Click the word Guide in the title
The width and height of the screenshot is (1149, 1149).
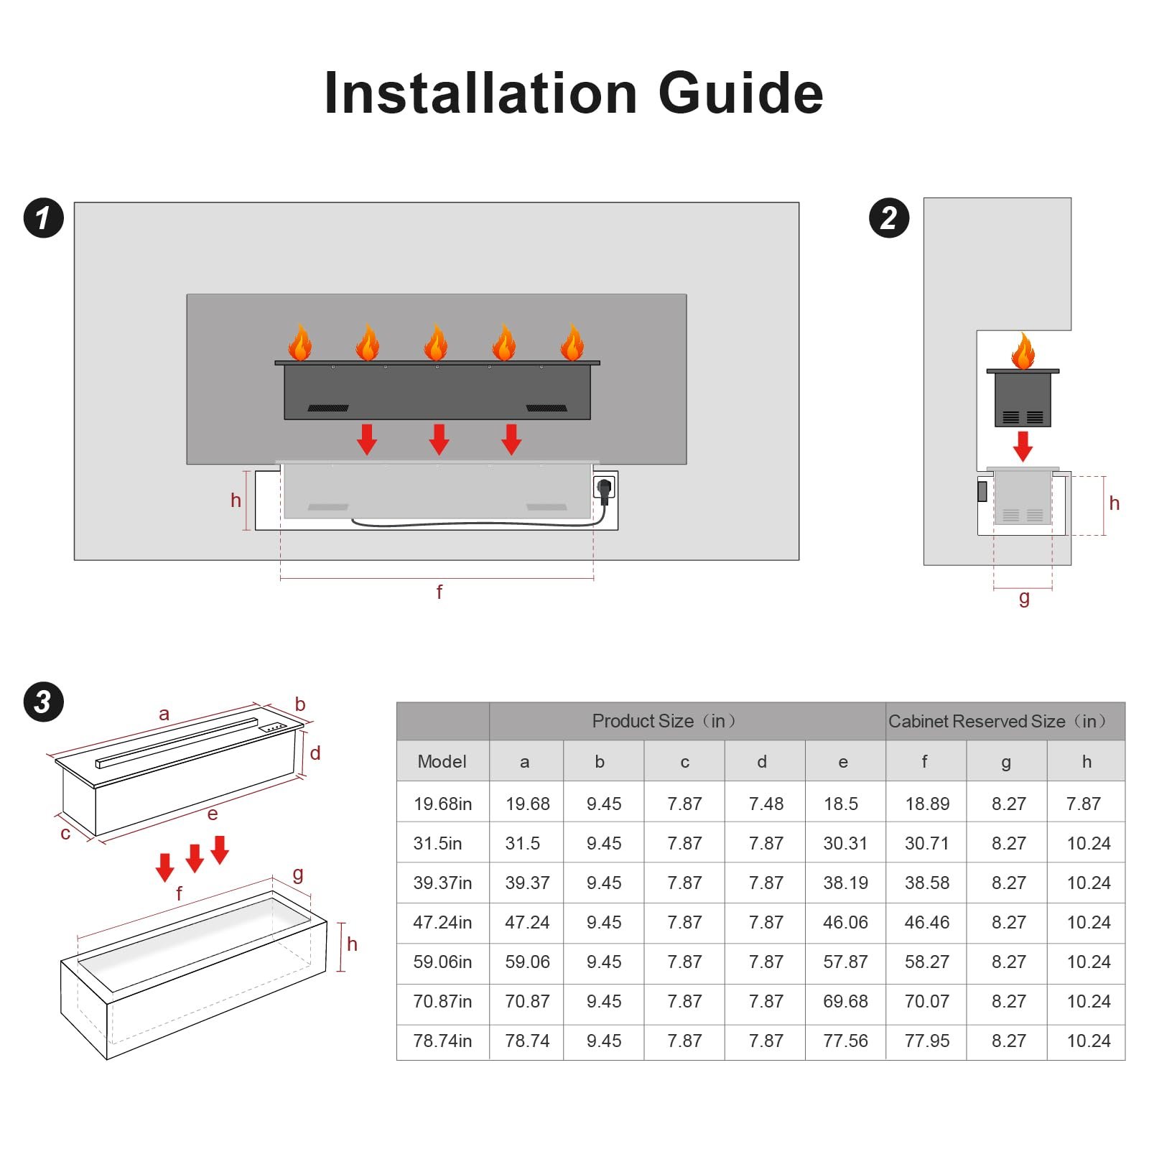(x=740, y=93)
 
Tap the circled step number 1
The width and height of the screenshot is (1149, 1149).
(x=44, y=218)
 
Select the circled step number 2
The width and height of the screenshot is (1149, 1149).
(x=889, y=218)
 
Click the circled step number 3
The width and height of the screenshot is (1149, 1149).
(x=44, y=702)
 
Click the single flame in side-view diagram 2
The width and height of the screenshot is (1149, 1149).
(x=1023, y=350)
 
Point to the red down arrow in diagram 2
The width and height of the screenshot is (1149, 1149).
(x=1023, y=446)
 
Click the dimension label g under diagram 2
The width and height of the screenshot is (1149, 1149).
(x=1024, y=598)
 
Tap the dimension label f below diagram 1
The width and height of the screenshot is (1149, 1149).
(x=439, y=592)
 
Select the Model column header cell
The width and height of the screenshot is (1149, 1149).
(x=442, y=761)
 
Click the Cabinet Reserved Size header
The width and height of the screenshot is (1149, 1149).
(x=997, y=721)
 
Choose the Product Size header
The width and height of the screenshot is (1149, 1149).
(x=664, y=721)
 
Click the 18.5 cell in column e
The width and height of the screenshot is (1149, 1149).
(x=841, y=804)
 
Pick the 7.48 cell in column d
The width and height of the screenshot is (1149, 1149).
(x=766, y=804)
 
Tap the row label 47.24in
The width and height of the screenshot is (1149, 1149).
(x=442, y=922)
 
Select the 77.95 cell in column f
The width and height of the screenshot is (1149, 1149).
(x=927, y=1041)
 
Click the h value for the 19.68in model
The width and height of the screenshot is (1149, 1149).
(x=1084, y=804)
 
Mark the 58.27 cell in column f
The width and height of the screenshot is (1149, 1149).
(x=927, y=962)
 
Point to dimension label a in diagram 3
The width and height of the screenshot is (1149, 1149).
(x=164, y=714)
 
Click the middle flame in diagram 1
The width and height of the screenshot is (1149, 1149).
(x=436, y=342)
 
